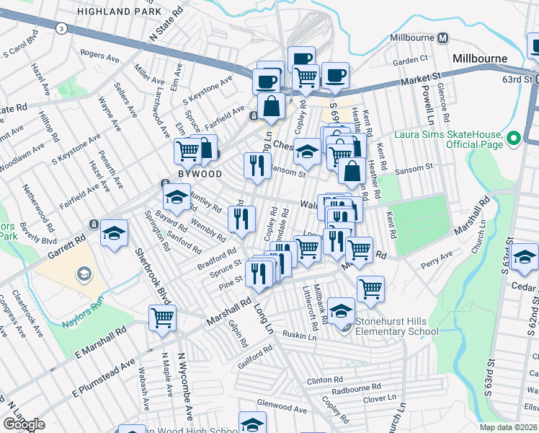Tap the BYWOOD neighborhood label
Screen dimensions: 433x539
tap(200, 174)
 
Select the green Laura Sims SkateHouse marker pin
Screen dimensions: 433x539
tap(514, 137)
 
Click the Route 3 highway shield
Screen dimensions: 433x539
tap(62, 28)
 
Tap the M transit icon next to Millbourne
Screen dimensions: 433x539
tap(443, 38)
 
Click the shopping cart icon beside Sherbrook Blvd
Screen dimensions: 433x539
tap(162, 317)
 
